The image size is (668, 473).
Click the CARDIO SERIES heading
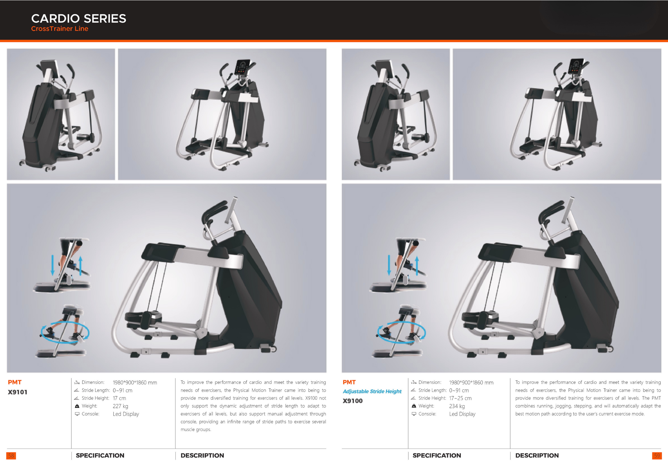79,18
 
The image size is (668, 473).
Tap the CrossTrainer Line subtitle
59,29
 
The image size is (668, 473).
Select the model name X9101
18,392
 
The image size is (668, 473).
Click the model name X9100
353,401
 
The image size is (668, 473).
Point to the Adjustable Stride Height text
372,391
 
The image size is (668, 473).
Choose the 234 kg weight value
457,406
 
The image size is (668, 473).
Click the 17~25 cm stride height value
460,398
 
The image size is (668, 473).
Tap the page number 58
11,456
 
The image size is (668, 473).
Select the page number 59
657,456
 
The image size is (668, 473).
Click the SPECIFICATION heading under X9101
100,455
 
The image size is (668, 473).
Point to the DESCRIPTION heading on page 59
537,455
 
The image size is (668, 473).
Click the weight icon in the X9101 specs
77,406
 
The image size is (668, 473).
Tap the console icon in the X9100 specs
414,414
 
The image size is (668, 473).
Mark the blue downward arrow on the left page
52,265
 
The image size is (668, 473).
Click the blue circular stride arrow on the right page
401,333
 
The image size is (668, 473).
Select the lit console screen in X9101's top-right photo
241,67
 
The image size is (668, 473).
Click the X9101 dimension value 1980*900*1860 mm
135,382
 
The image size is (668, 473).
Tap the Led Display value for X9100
462,414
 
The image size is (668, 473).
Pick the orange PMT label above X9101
15,382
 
